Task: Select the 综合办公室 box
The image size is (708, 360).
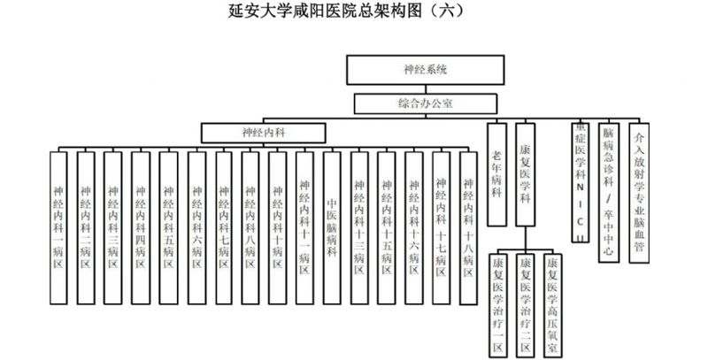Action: tap(426, 104)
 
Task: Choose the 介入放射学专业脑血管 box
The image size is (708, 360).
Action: tap(639, 191)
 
